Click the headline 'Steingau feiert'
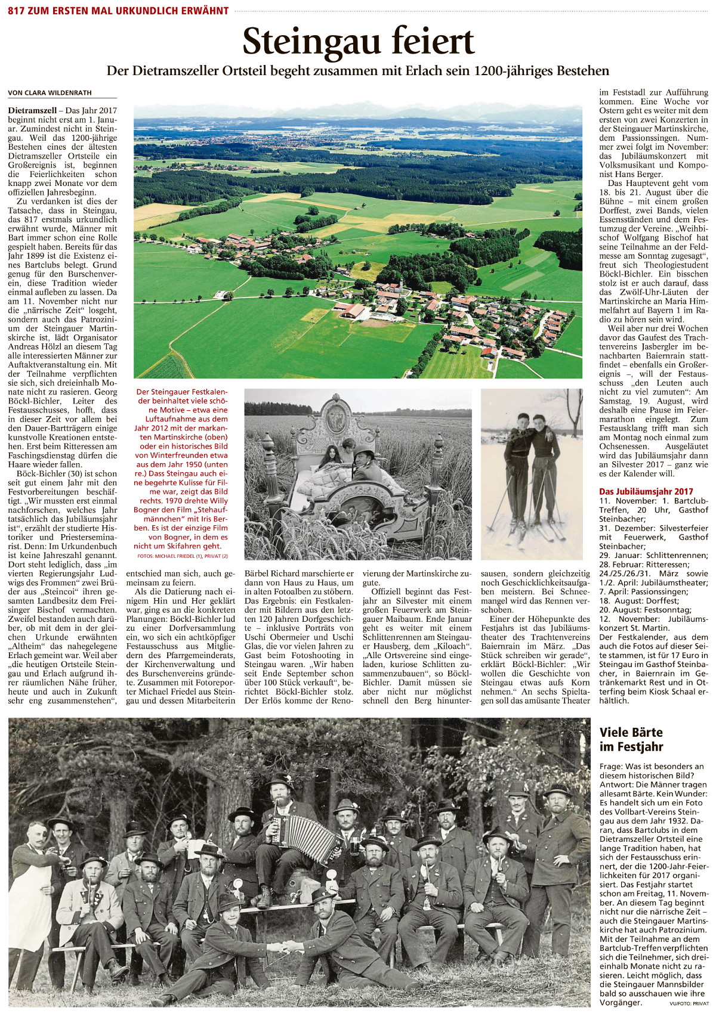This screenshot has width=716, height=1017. [358, 42]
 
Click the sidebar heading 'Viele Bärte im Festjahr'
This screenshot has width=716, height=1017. [631, 739]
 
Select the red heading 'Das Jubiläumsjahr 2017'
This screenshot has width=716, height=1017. [646, 491]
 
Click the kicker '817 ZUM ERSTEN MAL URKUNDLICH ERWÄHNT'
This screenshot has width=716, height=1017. [118, 11]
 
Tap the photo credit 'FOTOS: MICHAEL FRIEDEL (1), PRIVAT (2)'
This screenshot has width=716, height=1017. [183, 556]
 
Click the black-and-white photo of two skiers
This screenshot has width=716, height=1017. [532, 474]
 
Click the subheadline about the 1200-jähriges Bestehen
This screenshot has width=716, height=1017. [358, 71]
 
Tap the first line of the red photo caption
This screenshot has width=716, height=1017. [183, 392]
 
